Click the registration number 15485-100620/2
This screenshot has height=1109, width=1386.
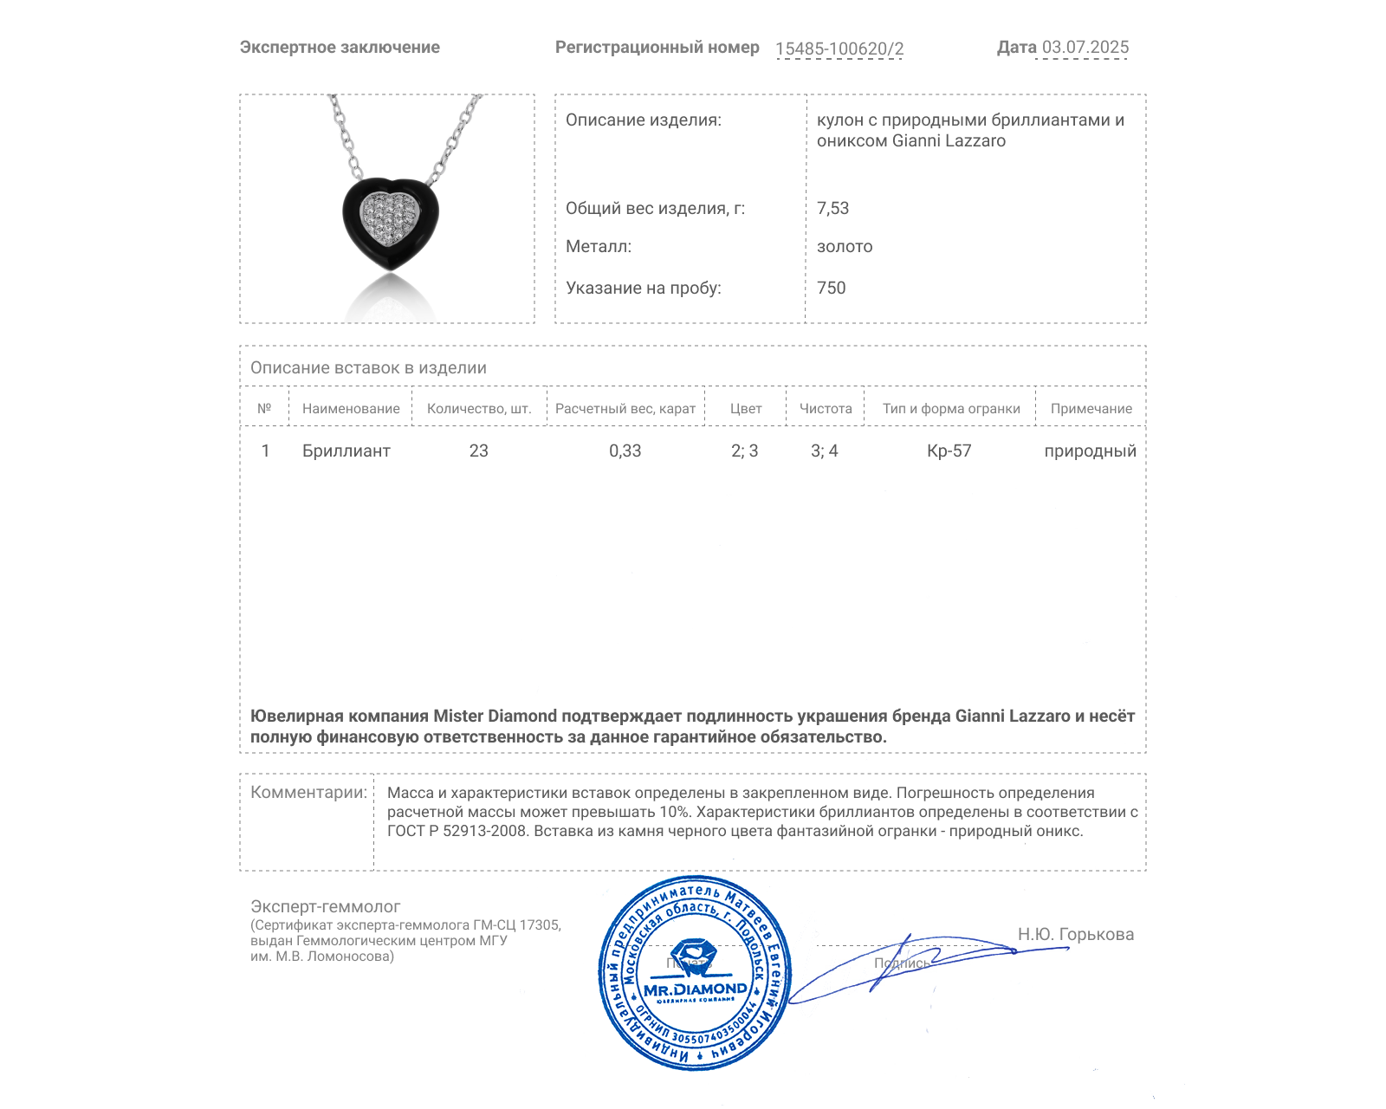(839, 49)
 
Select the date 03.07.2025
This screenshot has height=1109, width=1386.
(1085, 48)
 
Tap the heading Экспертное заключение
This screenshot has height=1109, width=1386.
(340, 48)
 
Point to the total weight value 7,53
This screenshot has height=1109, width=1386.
(832, 208)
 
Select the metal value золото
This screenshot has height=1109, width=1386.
(845, 247)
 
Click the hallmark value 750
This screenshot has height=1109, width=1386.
(831, 288)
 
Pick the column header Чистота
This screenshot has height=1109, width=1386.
(825, 409)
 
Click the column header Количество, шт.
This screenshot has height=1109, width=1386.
(478, 409)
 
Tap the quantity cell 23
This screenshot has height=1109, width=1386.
(478, 451)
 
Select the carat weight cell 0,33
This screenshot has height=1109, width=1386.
(625, 451)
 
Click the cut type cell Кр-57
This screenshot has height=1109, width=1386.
(949, 451)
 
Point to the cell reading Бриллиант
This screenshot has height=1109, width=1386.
(346, 451)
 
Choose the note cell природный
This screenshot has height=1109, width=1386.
(1090, 451)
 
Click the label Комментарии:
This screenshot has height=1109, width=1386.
(308, 792)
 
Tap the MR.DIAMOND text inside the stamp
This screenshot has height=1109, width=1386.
(695, 989)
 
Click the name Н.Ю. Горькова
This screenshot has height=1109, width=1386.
(1075, 934)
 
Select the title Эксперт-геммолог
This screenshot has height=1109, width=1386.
(325, 906)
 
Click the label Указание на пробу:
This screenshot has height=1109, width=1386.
(643, 288)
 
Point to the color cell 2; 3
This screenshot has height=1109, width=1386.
(744, 451)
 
